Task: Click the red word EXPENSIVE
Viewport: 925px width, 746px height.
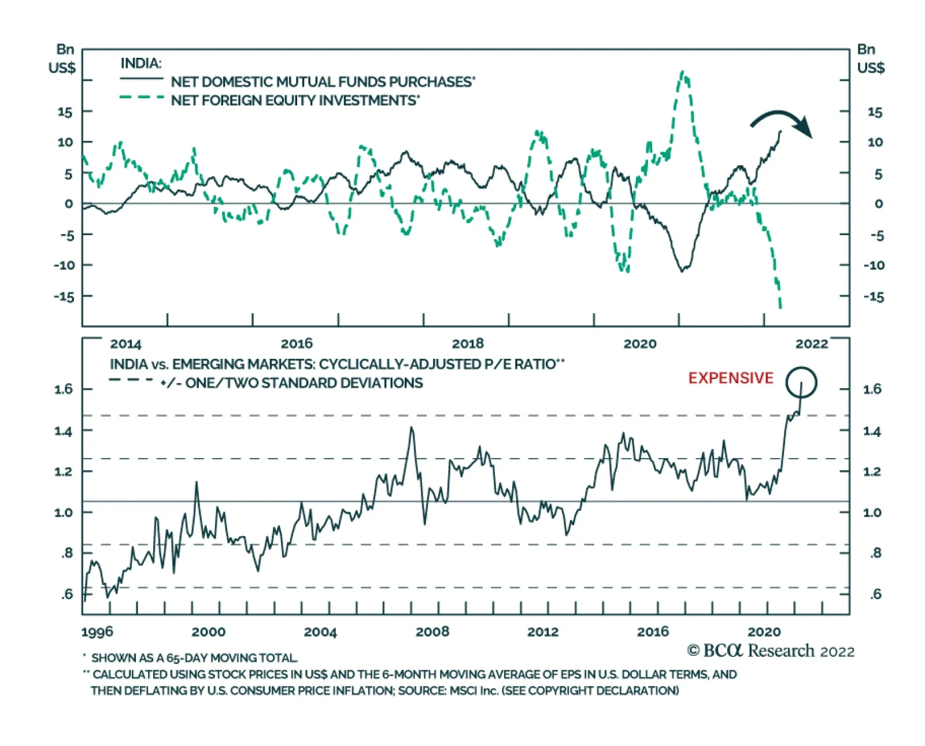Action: click(730, 378)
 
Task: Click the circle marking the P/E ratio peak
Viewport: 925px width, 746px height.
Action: click(801, 383)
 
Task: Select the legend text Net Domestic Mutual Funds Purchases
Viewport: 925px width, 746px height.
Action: click(323, 82)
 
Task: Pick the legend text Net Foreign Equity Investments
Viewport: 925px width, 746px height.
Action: click(295, 101)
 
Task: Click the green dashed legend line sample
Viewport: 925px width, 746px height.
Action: click(142, 98)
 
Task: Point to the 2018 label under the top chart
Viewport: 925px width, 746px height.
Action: click(467, 344)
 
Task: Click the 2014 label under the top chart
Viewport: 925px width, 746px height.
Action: click(125, 344)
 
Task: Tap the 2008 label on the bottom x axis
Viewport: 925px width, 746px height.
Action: click(432, 632)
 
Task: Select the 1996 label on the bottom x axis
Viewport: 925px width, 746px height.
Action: click(97, 632)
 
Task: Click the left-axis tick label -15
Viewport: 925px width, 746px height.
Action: click(64, 296)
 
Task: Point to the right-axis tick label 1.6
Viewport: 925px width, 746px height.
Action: click(872, 389)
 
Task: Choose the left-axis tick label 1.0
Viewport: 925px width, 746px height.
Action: click(64, 513)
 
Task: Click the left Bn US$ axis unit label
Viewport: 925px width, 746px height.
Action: click(62, 59)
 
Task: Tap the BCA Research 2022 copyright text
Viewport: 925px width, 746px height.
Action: click(771, 651)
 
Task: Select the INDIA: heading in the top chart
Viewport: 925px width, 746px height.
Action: click(141, 64)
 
